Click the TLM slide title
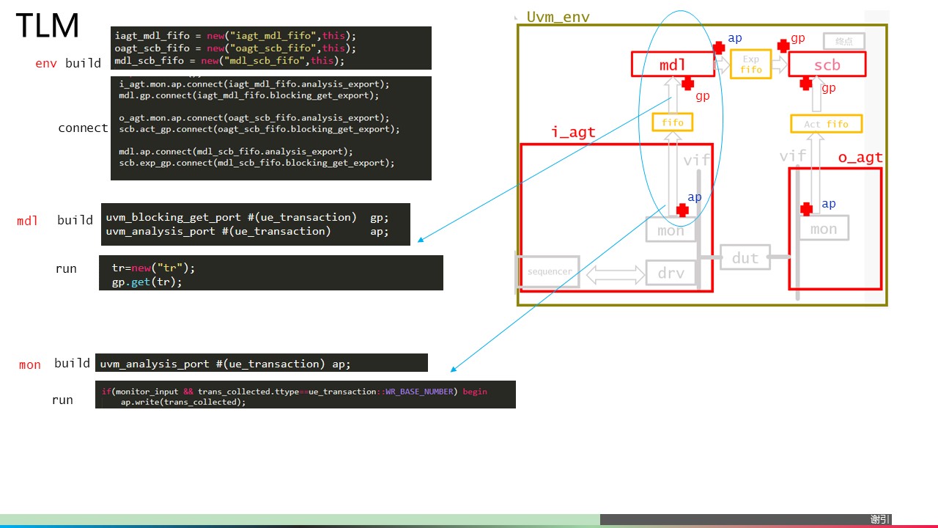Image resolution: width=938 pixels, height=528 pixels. click(47, 26)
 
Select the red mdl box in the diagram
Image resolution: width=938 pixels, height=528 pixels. click(673, 65)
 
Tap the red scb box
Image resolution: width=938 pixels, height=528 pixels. click(827, 65)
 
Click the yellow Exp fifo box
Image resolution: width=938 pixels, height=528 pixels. click(751, 65)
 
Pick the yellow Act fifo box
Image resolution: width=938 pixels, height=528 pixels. click(826, 124)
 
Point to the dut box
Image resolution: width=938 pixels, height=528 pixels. click(745, 257)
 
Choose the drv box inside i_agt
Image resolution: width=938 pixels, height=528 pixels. click(671, 273)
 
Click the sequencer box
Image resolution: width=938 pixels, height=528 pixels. click(549, 271)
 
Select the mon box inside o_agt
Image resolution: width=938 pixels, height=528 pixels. click(824, 229)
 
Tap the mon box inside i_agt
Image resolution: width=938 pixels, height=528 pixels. click(671, 230)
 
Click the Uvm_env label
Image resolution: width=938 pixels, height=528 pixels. click(558, 17)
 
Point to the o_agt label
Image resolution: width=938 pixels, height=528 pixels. click(860, 158)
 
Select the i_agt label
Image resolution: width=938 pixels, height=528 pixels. click(573, 133)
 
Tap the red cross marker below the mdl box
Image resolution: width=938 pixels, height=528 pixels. click(687, 84)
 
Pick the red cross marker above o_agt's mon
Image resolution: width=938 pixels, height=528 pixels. click(807, 209)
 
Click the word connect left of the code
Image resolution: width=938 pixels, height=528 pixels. click(83, 128)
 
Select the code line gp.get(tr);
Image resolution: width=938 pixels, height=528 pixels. click(147, 282)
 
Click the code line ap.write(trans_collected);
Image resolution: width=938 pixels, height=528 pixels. click(183, 402)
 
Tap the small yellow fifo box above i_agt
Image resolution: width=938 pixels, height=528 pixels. click(672, 122)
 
